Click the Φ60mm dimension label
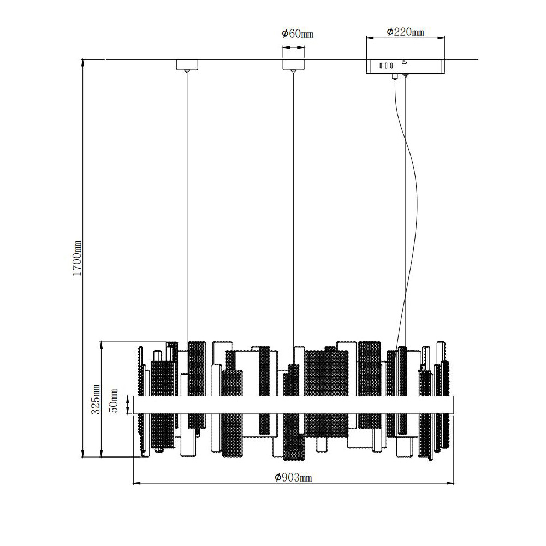(298, 34)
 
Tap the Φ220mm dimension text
(405, 32)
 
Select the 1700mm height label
(77, 258)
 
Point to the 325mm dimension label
(96, 399)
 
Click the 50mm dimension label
(114, 401)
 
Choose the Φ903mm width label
(293, 477)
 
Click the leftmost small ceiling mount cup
(187, 65)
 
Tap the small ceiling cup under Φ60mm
(293, 65)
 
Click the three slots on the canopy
(386, 66)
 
